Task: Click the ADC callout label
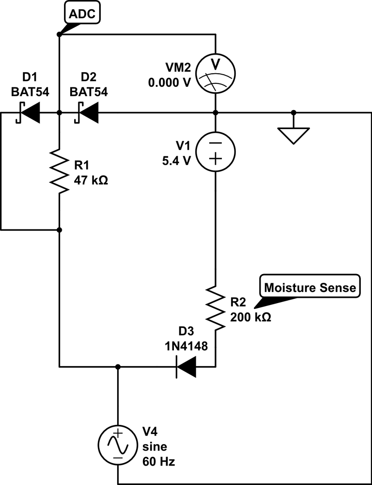[x=82, y=14]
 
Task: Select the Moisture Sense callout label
[x=310, y=288]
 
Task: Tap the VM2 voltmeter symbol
[x=216, y=73]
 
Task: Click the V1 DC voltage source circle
[x=216, y=151]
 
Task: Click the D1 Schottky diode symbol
[x=29, y=113]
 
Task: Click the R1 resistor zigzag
[x=59, y=171]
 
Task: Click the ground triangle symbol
[x=293, y=134]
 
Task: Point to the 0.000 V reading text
[x=170, y=82]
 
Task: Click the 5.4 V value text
[x=177, y=161]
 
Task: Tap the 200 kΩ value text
[x=249, y=318]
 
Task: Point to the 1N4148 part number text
[x=186, y=347]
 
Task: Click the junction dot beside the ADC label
[x=59, y=34]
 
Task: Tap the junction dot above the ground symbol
[x=293, y=113]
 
